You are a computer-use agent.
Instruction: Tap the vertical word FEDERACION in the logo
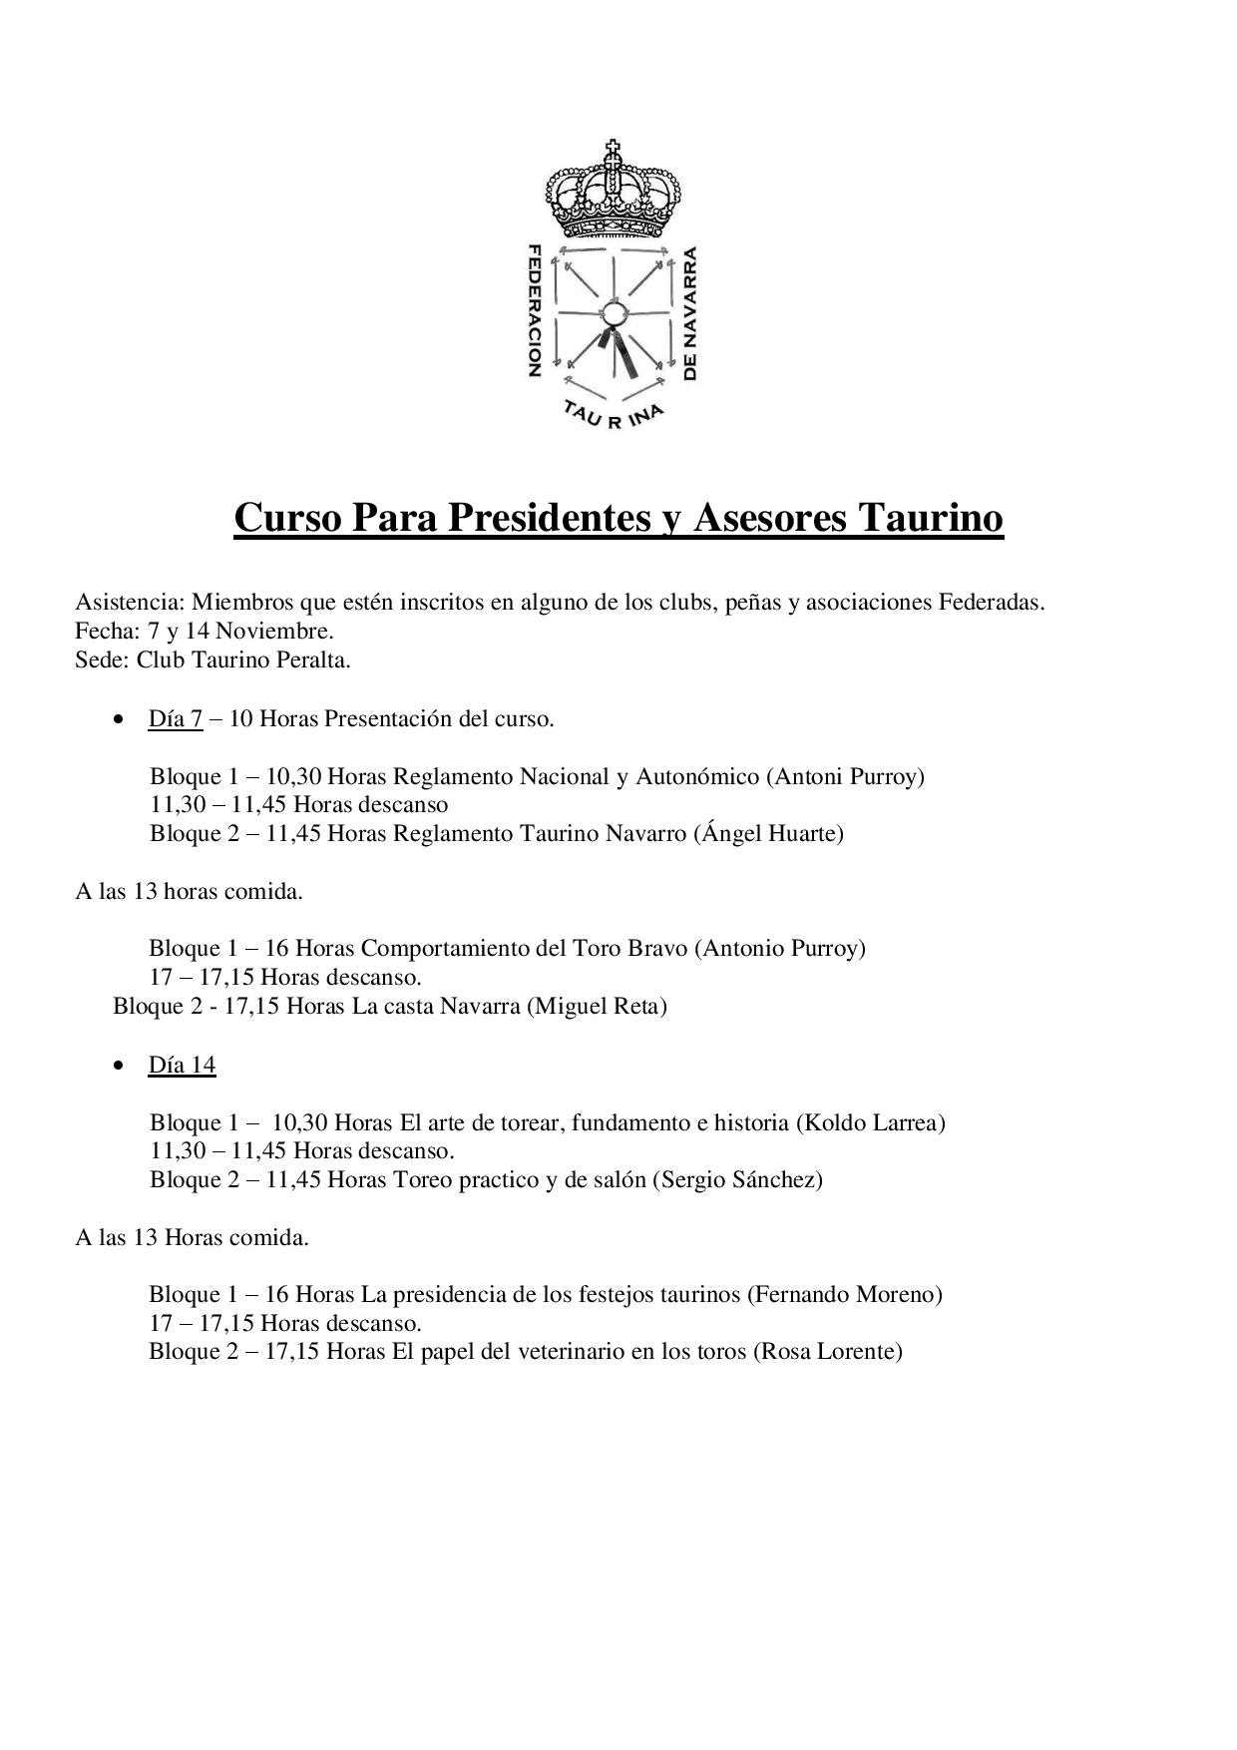(x=534, y=309)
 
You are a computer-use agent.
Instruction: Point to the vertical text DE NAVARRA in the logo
(x=690, y=313)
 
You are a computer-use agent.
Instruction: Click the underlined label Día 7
(x=176, y=719)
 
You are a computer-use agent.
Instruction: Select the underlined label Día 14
(x=182, y=1066)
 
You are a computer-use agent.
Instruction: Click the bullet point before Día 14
(x=120, y=1067)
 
